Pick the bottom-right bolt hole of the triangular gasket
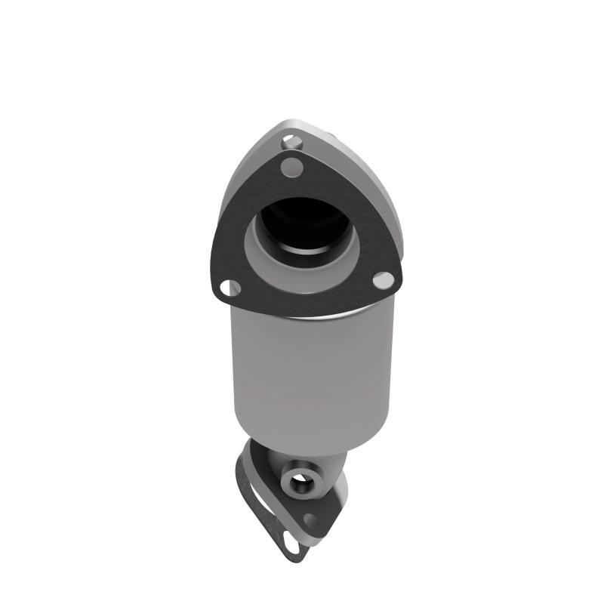pyautogui.click(x=384, y=280)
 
